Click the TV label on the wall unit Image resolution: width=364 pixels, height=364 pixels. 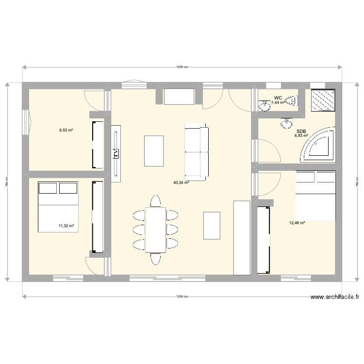116,153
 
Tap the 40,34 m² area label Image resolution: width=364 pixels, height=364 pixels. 181,183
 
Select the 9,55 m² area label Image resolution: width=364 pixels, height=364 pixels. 66,130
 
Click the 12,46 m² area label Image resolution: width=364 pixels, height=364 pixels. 297,223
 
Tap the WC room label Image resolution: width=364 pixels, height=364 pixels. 278,98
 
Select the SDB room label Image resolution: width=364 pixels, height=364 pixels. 301,131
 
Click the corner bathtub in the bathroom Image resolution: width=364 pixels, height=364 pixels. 320,144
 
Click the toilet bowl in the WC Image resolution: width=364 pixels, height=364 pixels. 291,101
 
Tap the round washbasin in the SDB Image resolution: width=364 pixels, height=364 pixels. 284,125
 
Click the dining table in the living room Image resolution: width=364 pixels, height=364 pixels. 155,230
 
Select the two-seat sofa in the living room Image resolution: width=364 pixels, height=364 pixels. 197,151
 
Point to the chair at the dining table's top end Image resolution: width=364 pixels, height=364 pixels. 155,200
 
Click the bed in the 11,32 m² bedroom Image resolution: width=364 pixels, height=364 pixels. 58,207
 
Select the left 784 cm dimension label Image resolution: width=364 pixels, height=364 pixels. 7,182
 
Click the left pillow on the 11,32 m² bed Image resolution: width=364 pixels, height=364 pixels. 48,188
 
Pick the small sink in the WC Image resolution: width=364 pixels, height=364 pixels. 265,105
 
